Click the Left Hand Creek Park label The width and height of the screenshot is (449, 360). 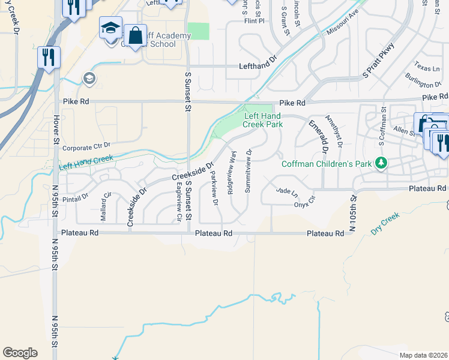click(262, 120)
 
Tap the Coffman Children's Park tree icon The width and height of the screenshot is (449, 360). click(380, 163)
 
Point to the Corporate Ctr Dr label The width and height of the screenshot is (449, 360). click(86, 146)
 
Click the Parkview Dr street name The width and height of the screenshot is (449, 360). click(214, 187)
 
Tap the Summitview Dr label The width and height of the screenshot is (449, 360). click(248, 171)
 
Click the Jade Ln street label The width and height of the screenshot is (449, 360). click(286, 192)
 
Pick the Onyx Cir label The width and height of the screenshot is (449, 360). click(304, 201)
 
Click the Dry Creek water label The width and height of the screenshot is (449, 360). click(385, 222)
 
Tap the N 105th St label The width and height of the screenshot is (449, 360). click(354, 213)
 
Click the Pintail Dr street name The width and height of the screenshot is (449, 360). click(76, 196)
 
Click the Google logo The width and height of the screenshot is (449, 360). click(20, 353)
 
